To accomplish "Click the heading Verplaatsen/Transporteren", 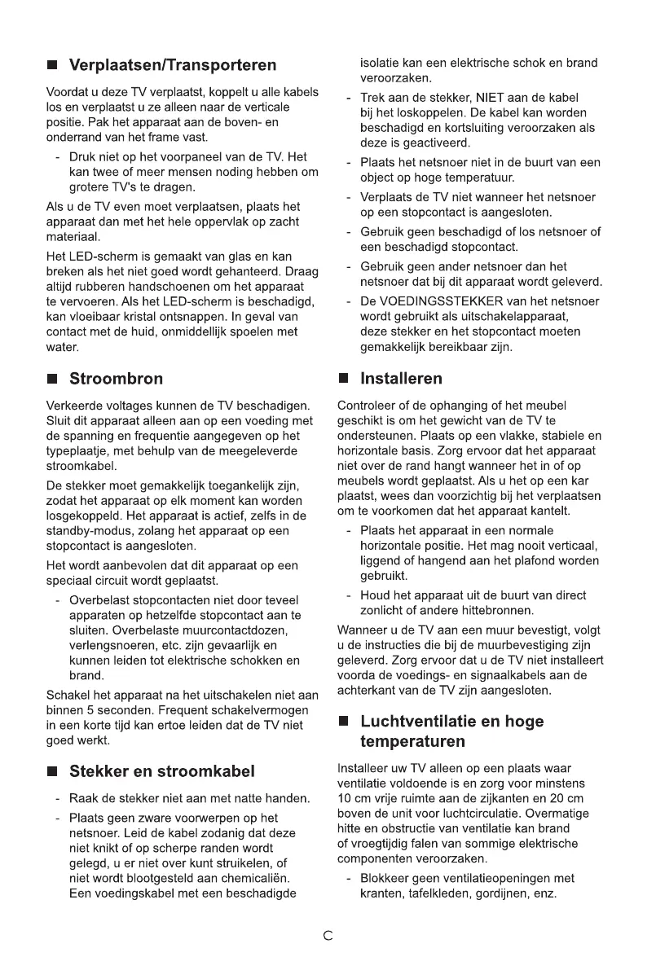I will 173,64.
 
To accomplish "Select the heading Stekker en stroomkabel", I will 162,770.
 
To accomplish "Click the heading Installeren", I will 402,379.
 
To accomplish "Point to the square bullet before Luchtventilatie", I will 344,722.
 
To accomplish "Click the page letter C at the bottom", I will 328,936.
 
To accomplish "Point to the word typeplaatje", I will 79,450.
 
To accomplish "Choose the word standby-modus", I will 85,531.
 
